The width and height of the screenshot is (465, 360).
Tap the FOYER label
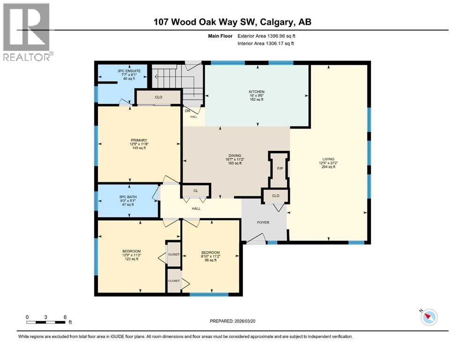[263, 222]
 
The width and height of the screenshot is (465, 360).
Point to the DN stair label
[187, 111]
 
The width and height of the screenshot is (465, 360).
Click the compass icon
[428, 317]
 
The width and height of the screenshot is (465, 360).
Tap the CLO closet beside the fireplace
[276, 196]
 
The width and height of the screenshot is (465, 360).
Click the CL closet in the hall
[196, 191]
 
